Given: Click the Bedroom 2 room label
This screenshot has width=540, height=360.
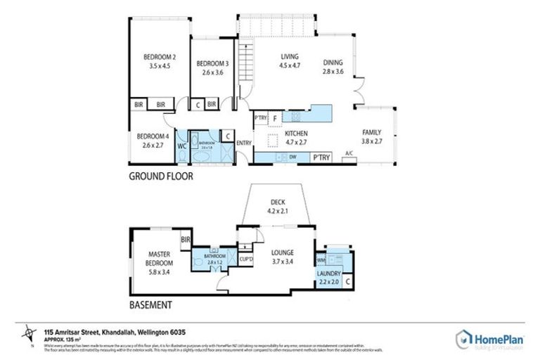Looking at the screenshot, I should point(160,57).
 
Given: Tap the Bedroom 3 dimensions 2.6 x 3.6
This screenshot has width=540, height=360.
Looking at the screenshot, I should point(210,71).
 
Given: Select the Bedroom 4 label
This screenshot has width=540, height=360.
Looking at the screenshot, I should point(153,136).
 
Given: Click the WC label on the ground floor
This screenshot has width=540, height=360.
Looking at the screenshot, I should point(181,146).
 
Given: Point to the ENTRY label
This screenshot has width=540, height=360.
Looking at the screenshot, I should point(244,143).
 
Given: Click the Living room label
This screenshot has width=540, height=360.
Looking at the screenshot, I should point(290,57).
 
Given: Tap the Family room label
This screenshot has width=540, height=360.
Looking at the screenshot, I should point(371,132).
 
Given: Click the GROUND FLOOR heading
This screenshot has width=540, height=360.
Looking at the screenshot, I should point(160,177).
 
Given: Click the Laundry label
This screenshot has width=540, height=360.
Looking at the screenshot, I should point(328,274).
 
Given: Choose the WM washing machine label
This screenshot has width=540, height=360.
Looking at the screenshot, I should point(321,258).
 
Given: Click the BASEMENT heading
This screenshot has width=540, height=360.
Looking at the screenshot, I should point(150,305).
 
